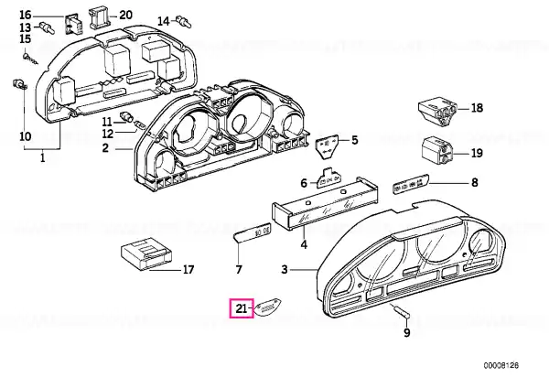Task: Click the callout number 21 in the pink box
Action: (x=241, y=308)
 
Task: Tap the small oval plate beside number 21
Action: (x=268, y=307)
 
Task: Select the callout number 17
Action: (x=188, y=270)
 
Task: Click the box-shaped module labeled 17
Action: (x=145, y=254)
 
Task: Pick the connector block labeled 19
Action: (x=437, y=152)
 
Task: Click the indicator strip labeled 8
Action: (x=411, y=185)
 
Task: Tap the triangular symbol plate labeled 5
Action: (x=327, y=147)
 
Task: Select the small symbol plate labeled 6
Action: (x=328, y=178)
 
